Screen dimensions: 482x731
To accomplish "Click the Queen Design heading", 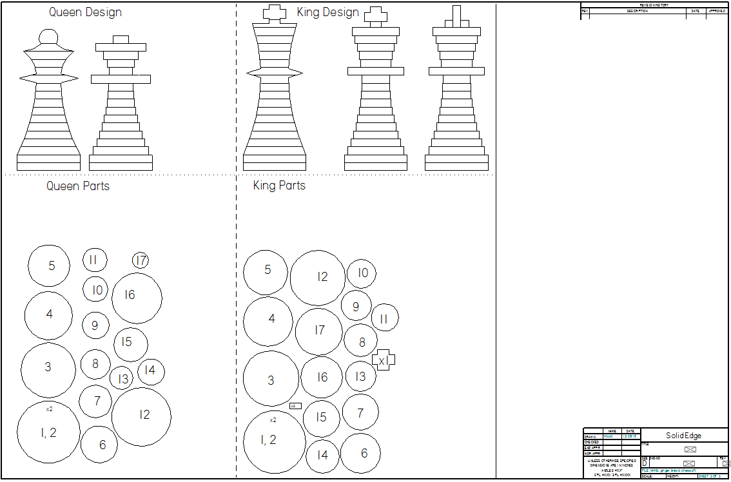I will (x=85, y=12).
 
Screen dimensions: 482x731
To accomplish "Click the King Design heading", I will (x=327, y=12).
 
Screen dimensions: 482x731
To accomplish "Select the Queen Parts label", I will (x=78, y=186).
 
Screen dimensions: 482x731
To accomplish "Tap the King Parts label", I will (x=279, y=186).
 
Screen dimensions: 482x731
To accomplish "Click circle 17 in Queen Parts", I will (x=141, y=260).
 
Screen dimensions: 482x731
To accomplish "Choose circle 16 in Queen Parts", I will (x=136, y=297).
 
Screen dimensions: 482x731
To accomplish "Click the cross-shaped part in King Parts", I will (x=383, y=361).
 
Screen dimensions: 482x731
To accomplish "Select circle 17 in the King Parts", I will (x=319, y=331).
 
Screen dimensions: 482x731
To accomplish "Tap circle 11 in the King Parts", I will (x=385, y=318).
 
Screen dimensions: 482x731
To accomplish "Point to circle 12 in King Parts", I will (x=318, y=278).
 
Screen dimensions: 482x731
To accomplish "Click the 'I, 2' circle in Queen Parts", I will (x=48, y=430).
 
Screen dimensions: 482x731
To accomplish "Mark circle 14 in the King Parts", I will (x=322, y=456).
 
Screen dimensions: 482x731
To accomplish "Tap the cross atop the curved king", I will (x=275, y=13).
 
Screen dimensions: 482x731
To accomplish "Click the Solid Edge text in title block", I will (x=684, y=436).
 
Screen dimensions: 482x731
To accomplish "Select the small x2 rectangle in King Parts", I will (x=295, y=406).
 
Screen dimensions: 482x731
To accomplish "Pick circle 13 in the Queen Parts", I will (x=122, y=378).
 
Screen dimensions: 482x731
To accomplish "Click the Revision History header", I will (x=654, y=5).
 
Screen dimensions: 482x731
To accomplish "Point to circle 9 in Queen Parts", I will (x=95, y=325).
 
